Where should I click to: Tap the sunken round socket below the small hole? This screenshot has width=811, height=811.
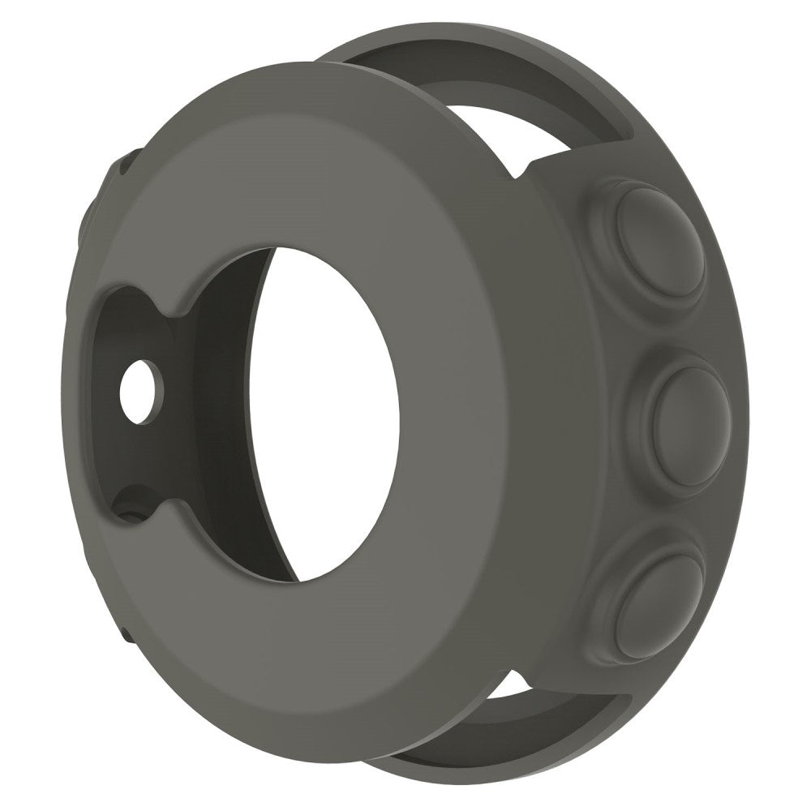(130, 511)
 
